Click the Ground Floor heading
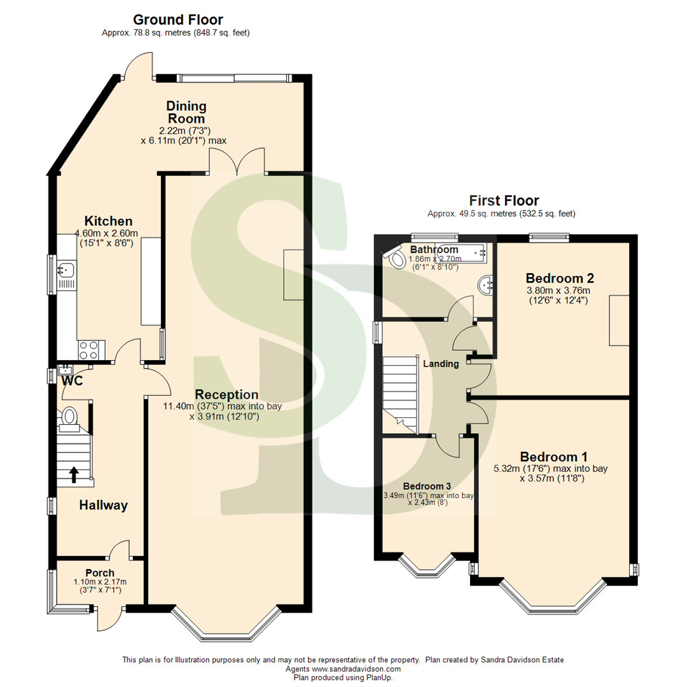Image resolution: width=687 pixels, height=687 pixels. pyautogui.click(x=177, y=20)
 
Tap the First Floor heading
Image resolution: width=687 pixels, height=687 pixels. pyautogui.click(x=504, y=201)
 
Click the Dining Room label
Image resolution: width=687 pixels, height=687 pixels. pyautogui.click(x=186, y=112)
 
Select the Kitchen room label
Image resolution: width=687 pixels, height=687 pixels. pyautogui.click(x=109, y=221)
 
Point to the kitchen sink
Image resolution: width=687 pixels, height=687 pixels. pyautogui.click(x=65, y=270)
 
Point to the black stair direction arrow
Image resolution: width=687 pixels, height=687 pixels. pyautogui.click(x=74, y=474)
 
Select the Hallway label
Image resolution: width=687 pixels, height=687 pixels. pyautogui.click(x=103, y=506)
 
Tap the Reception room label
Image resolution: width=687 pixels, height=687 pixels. pyautogui.click(x=226, y=394)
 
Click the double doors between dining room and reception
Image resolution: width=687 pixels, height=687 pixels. pyautogui.click(x=237, y=160)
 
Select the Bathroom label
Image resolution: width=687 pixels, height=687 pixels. pyautogui.click(x=434, y=249)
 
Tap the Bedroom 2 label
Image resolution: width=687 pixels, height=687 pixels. pyautogui.click(x=560, y=278)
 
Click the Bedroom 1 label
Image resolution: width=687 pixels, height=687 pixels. pyautogui.click(x=553, y=457)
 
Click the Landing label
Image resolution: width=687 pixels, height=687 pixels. pyautogui.click(x=441, y=364)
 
